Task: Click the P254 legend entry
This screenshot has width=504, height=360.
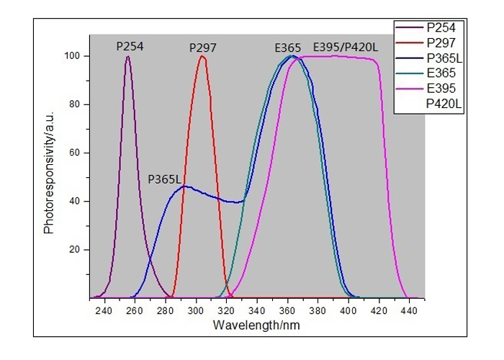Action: pos(440,27)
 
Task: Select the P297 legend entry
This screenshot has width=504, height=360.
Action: pos(440,42)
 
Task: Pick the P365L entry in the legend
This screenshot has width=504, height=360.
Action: pos(444,58)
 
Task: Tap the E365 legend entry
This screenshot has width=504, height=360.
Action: pos(440,73)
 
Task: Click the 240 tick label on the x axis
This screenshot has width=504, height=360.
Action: pos(104,310)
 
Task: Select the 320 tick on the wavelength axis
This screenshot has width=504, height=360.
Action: pos(226,310)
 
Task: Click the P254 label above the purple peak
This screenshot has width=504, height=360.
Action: pos(130,47)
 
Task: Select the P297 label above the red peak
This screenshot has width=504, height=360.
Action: pos(203,48)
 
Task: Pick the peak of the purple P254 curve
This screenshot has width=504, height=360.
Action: pos(128,57)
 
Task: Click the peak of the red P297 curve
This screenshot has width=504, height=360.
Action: pos(202,57)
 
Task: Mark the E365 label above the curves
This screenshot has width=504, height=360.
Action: pos(287,48)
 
